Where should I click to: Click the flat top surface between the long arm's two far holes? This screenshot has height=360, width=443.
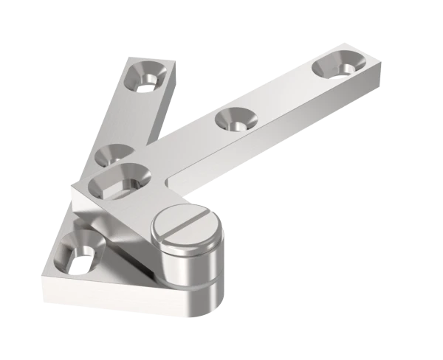tap(284, 92)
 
